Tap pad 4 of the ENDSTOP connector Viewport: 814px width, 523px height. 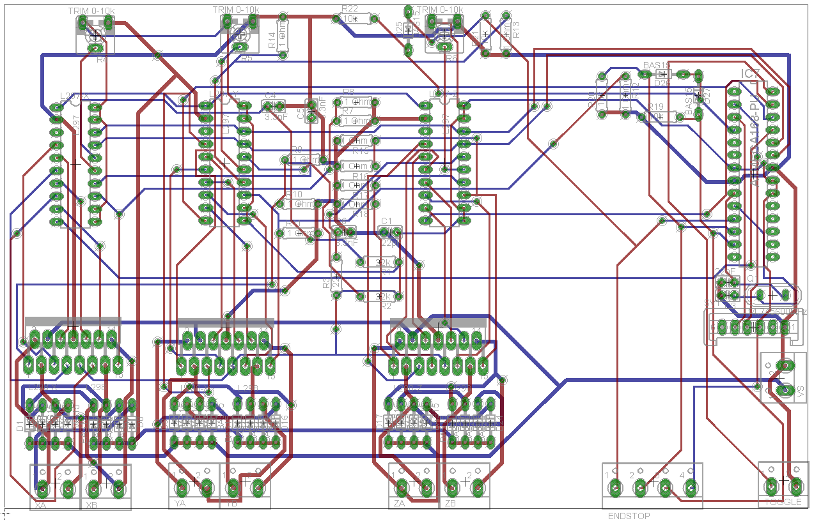coord(691,489)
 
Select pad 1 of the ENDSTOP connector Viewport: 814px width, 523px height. coord(614,489)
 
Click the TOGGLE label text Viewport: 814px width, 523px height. coord(783,503)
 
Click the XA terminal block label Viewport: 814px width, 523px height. coord(41,505)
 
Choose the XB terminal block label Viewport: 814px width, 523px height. coord(91,505)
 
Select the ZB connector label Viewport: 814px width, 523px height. coord(451,503)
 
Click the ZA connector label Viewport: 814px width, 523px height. coord(399,503)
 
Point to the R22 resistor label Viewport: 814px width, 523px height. coord(350,8)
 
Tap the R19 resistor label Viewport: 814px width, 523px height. coord(656,107)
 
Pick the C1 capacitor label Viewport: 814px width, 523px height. coord(386,221)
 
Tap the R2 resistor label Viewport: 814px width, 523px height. coord(386,307)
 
